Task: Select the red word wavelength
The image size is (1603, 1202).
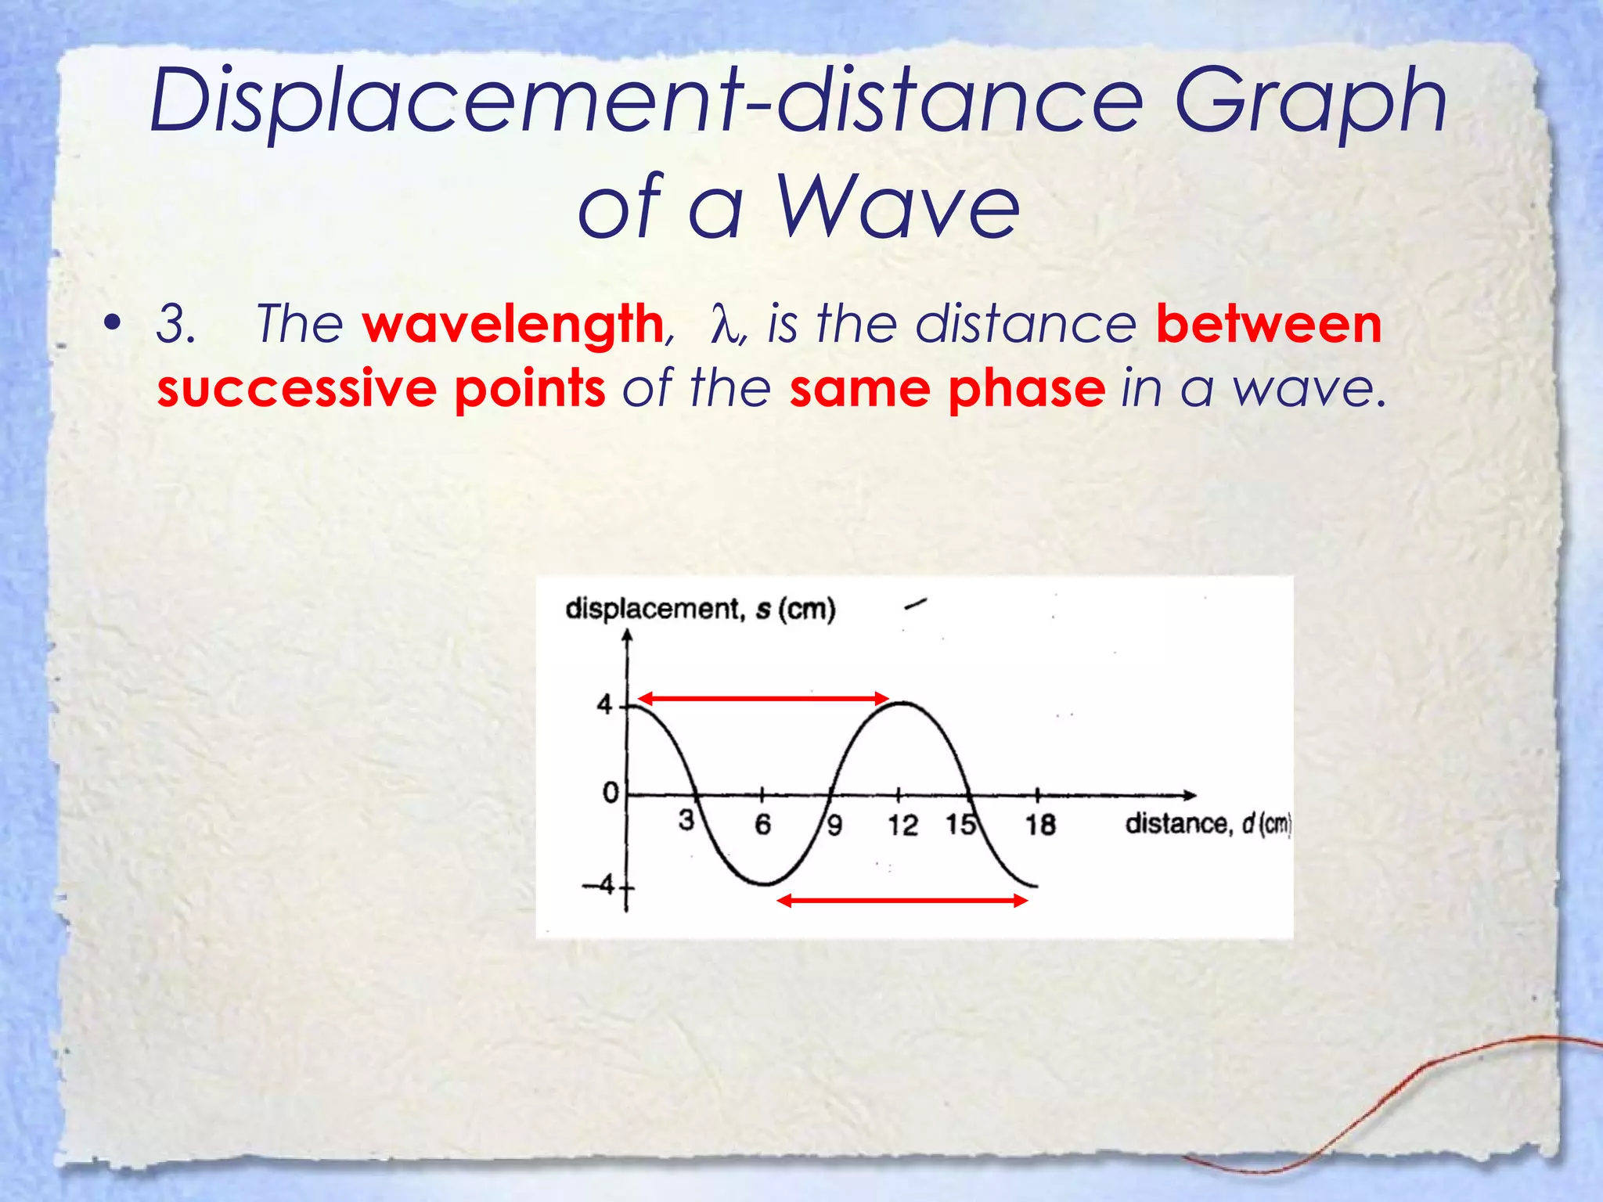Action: pyautogui.click(x=513, y=324)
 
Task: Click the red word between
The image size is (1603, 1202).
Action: pyautogui.click(x=1269, y=324)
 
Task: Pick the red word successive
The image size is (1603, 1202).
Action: pyautogui.click(x=297, y=388)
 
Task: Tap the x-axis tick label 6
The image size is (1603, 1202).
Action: pyautogui.click(x=762, y=824)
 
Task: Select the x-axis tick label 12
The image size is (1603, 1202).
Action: pyautogui.click(x=902, y=825)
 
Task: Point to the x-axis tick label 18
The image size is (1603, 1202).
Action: pyautogui.click(x=1040, y=825)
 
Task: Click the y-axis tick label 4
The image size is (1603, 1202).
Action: pyautogui.click(x=604, y=705)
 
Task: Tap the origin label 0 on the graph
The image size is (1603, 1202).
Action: pyautogui.click(x=611, y=793)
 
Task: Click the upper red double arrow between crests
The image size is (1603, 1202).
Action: pyautogui.click(x=763, y=698)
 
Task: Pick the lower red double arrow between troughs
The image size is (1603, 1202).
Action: pyautogui.click(x=902, y=901)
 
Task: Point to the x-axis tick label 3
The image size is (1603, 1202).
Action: pyautogui.click(x=686, y=820)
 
